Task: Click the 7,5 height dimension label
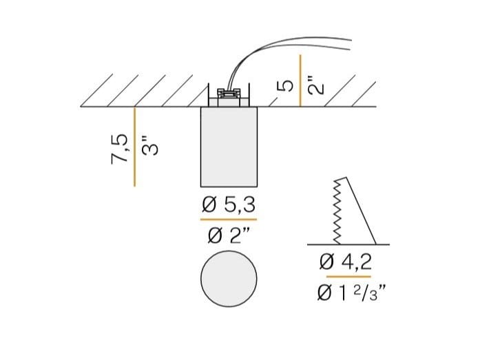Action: pyautogui.click(x=119, y=149)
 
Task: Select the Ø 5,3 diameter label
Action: pyautogui.click(x=229, y=204)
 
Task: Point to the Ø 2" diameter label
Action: pyautogui.click(x=229, y=235)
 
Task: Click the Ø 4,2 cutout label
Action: pyautogui.click(x=346, y=262)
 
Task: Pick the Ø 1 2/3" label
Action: pyautogui.click(x=351, y=293)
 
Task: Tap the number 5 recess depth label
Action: pyautogui.click(x=285, y=85)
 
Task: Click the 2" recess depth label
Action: pyautogui.click(x=315, y=83)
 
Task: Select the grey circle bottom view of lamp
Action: pyautogui.click(x=229, y=279)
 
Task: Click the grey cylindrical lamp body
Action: pyautogui.click(x=229, y=147)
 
